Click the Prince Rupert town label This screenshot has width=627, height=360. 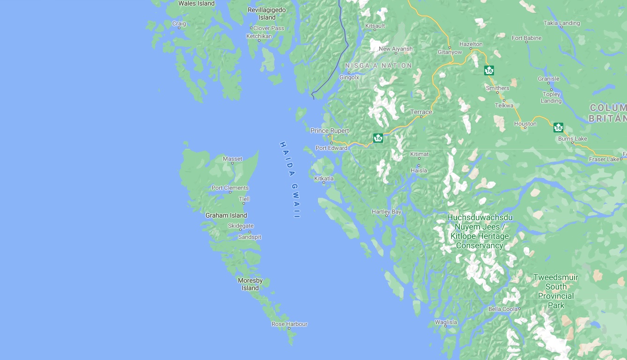330,131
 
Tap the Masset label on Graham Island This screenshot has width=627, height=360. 232,159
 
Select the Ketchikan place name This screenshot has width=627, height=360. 259,36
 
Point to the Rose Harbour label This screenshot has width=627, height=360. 289,324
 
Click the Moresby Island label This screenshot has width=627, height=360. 250,284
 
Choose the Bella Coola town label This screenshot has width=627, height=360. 503,309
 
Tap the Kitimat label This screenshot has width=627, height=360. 419,154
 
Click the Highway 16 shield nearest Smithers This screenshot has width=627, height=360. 489,71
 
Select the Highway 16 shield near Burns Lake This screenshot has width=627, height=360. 558,127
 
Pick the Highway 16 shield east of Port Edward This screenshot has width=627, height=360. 378,138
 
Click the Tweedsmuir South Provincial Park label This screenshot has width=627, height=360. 556,291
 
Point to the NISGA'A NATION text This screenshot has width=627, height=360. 378,66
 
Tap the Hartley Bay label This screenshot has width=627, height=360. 386,212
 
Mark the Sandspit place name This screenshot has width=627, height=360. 250,237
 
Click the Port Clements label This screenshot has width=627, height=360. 230,188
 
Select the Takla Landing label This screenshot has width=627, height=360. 561,23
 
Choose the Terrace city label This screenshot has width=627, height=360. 421,112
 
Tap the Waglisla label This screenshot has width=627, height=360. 446,322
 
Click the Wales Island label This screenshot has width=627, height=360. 196,3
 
